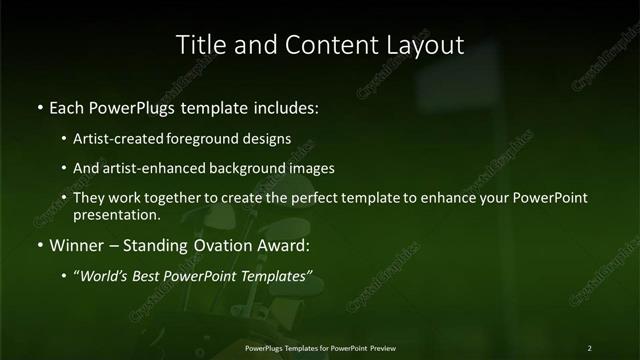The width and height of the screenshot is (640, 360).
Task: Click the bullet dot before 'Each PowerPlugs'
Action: [x=39, y=105]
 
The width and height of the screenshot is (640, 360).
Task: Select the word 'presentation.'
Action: [x=117, y=214]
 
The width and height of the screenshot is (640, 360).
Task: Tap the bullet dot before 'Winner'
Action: [x=39, y=244]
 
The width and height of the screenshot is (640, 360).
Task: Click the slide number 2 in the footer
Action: [x=589, y=347]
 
